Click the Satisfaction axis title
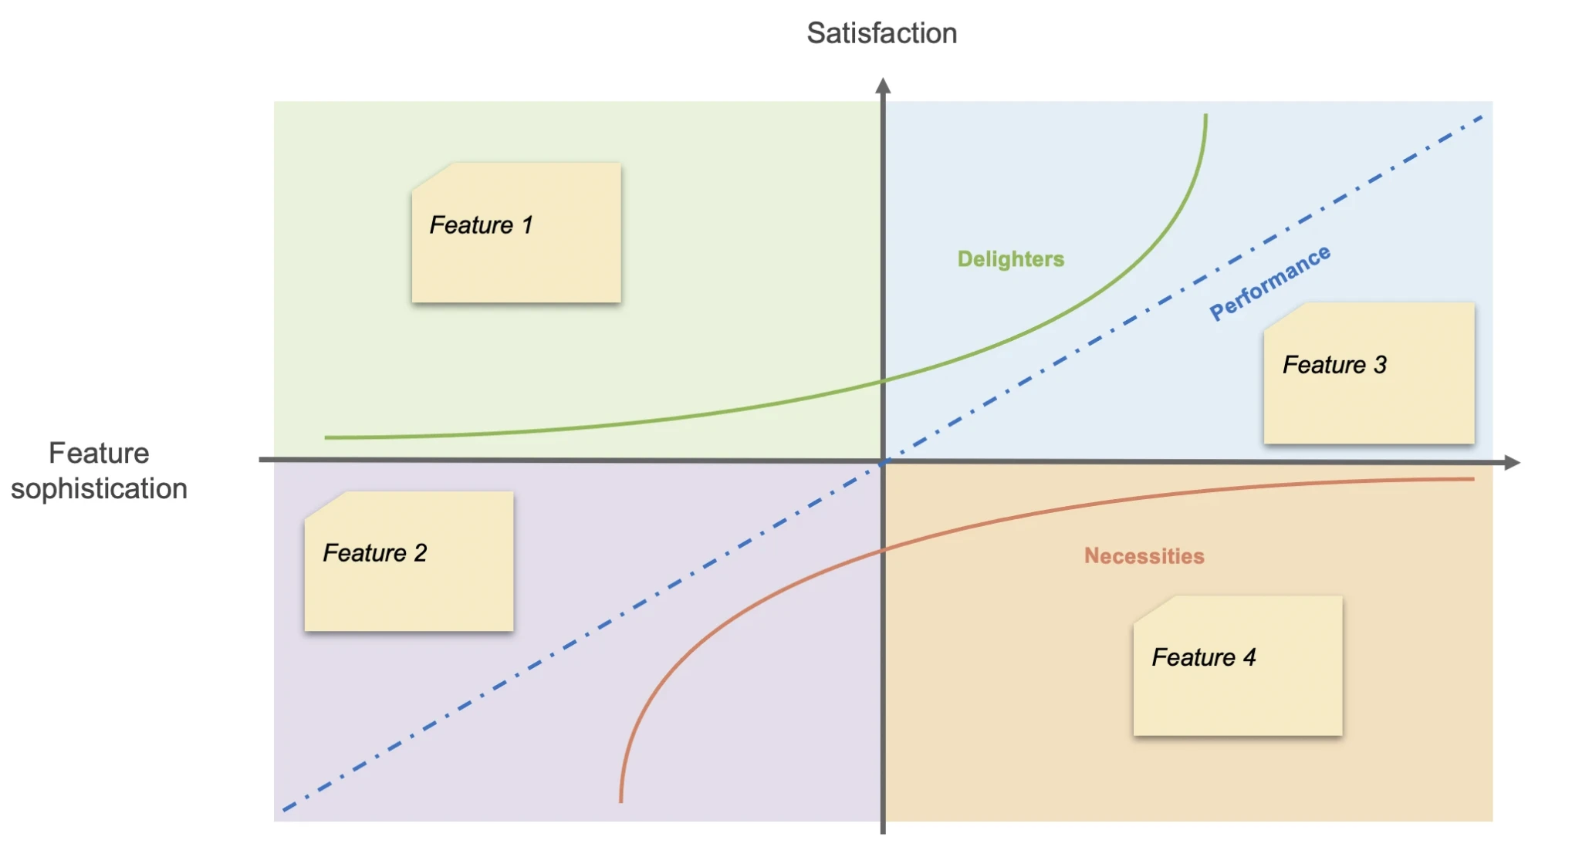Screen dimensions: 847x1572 pos(881,33)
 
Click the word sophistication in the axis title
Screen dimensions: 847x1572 pos(99,488)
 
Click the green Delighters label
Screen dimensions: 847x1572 pos(1010,259)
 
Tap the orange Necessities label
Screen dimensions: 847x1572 pos(1144,556)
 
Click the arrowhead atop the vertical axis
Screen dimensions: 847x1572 pos(884,85)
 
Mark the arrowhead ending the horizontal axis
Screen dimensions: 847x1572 pos(1513,463)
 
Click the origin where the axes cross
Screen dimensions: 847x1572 pos(884,462)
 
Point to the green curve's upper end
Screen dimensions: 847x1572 pos(1205,116)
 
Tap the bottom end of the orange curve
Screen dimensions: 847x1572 pos(621,801)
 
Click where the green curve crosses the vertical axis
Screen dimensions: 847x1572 pos(884,381)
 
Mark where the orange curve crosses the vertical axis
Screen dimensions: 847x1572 pos(884,551)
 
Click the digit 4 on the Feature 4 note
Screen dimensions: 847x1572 pos(1249,657)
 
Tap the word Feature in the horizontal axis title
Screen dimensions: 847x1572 pos(99,453)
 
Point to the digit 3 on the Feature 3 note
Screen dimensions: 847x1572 pos(1380,365)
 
